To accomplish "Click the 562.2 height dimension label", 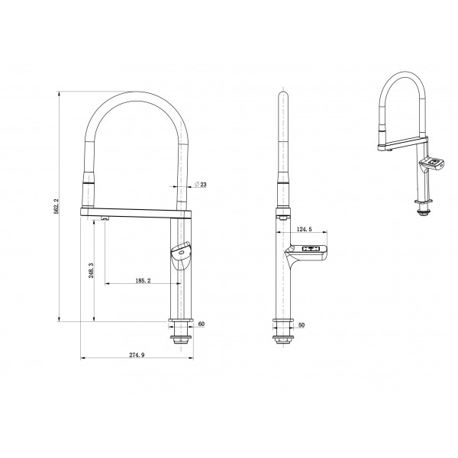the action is pyautogui.click(x=56, y=206).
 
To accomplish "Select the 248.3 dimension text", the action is pyautogui.click(x=91, y=270).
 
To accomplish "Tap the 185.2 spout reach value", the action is pyautogui.click(x=143, y=281).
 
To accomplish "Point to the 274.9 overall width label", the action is pyautogui.click(x=137, y=355).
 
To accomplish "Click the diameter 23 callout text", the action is pyautogui.click(x=201, y=184).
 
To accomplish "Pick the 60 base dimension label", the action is pyautogui.click(x=202, y=324).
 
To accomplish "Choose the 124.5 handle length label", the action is pyautogui.click(x=304, y=229).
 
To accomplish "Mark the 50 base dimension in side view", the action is pyautogui.click(x=302, y=325).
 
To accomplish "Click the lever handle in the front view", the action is pyautogui.click(x=181, y=255).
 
